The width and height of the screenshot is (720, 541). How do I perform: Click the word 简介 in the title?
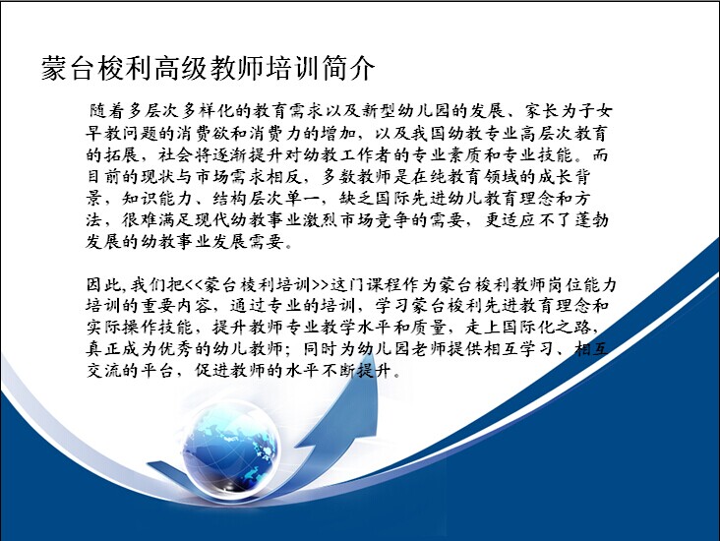348,69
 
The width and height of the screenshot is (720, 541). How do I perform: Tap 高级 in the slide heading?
180,69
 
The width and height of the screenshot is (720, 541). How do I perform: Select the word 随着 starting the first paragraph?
106,111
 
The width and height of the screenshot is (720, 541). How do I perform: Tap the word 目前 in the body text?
104,177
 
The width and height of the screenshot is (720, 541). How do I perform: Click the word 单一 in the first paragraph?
303,199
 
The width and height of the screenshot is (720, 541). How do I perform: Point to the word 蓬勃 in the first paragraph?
591,220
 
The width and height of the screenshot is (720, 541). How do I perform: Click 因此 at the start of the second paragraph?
104,284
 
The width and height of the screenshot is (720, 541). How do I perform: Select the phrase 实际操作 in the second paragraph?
122,327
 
